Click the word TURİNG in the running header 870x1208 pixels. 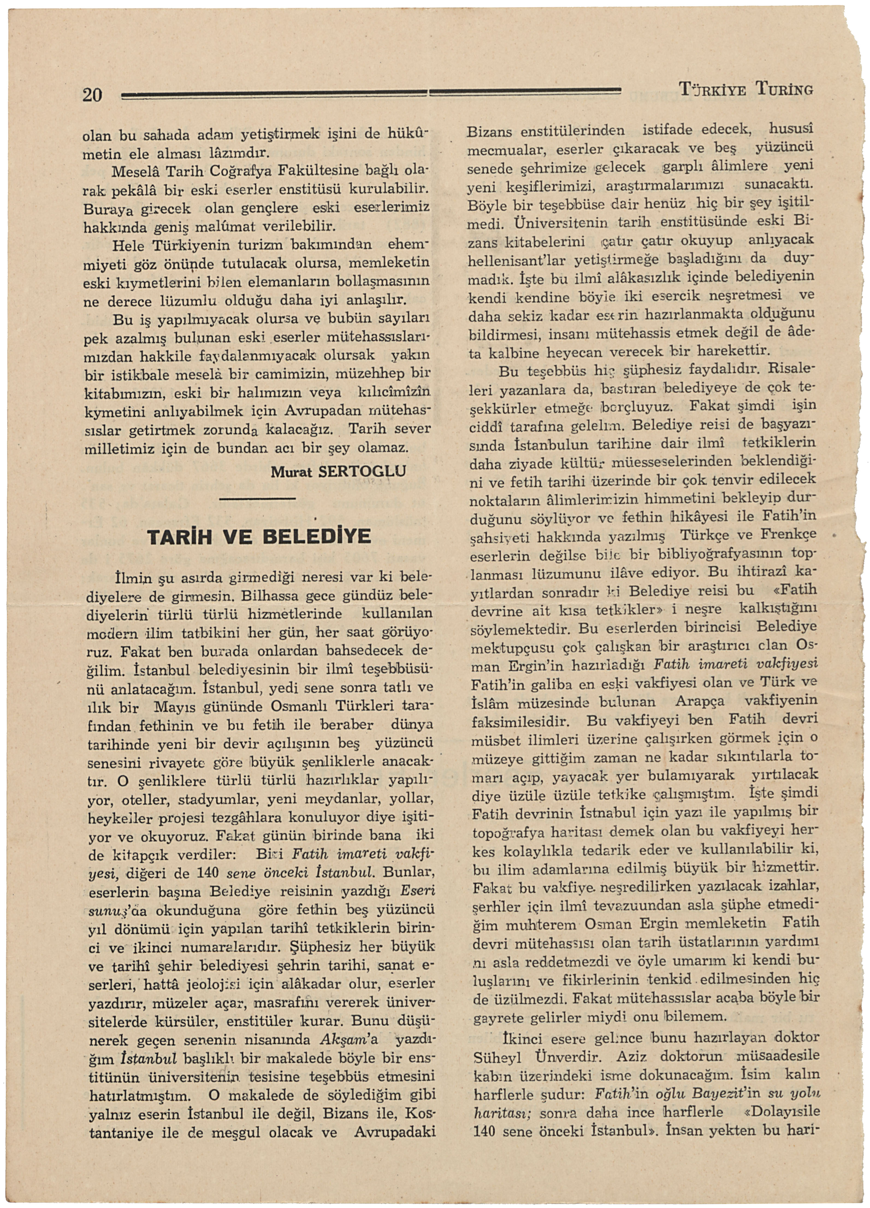point(784,89)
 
